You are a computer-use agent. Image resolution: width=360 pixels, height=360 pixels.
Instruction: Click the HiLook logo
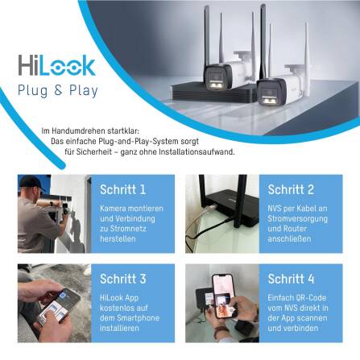point(56,66)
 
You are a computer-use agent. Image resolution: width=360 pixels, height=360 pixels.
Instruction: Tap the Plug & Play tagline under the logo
point(58,90)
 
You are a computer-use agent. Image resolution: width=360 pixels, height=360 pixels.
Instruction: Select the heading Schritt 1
point(122,191)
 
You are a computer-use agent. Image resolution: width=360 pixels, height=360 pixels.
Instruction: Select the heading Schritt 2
point(292,190)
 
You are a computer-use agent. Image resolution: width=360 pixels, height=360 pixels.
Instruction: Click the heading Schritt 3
point(122,279)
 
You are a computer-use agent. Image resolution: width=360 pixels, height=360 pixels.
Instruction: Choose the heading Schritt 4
point(292,279)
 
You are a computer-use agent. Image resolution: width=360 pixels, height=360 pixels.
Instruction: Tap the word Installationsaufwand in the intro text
point(197,151)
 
